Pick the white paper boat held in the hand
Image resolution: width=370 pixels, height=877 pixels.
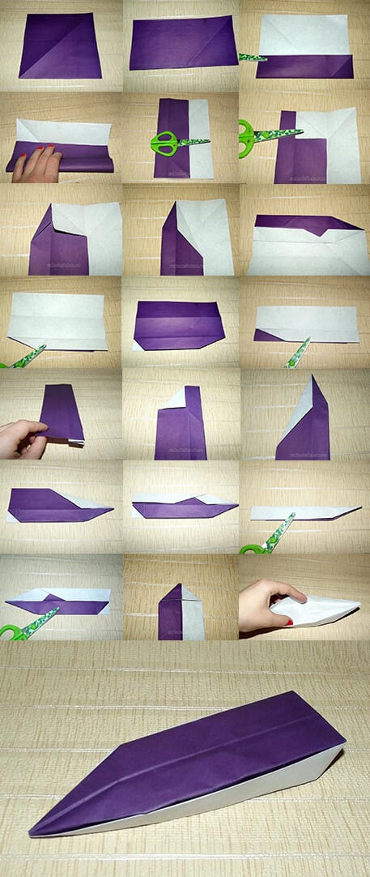pos(312,609)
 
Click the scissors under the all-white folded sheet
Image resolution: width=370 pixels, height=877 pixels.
pos(24,357)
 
